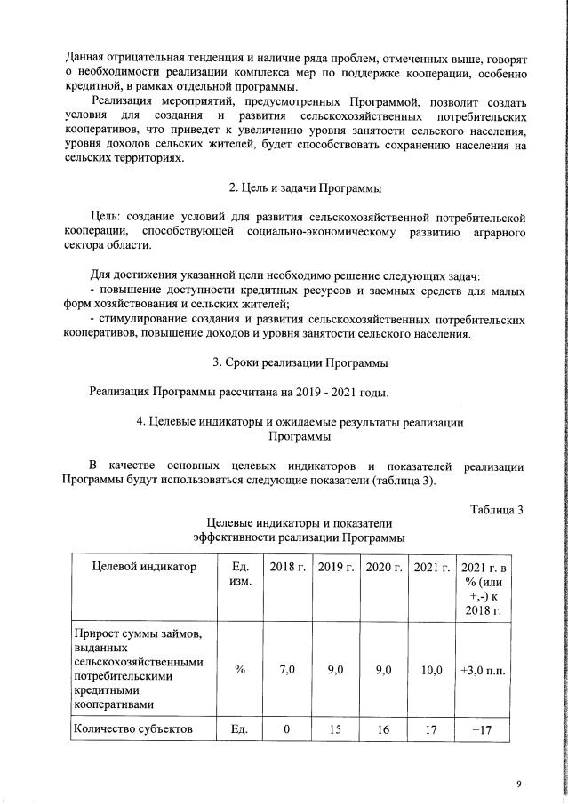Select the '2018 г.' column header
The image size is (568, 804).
[287, 567]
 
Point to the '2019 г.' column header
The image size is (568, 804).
[336, 567]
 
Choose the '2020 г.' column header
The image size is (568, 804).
[384, 567]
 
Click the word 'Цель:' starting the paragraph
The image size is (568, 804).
[109, 217]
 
